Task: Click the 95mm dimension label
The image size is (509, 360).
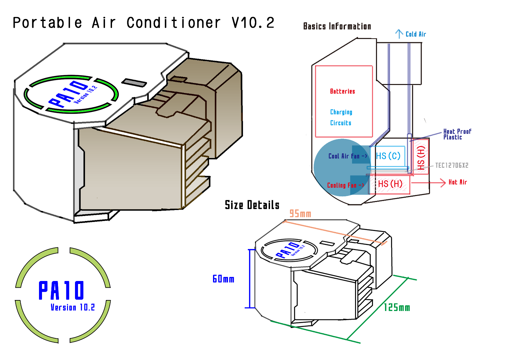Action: point(300,214)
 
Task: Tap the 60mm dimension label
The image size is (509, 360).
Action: point(223,279)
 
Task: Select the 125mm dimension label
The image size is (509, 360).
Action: point(397,307)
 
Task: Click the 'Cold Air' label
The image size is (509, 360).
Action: point(416,34)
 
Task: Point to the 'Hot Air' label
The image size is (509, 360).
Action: point(458,182)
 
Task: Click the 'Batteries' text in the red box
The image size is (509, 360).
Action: point(342,91)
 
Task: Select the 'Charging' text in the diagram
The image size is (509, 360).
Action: point(341,112)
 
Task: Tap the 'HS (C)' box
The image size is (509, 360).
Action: point(388,156)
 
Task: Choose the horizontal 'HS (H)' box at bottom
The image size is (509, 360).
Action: point(390,184)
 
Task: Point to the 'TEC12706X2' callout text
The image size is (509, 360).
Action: point(452,165)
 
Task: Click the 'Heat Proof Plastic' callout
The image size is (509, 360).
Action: point(457,134)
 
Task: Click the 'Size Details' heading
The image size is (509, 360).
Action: point(252,205)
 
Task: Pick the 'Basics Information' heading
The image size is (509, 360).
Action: point(337,26)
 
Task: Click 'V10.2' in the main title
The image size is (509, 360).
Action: point(253,23)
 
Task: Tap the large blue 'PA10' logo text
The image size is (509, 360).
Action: point(61,290)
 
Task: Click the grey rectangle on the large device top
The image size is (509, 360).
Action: point(134,82)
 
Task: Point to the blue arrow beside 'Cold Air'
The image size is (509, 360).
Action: point(399,34)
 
